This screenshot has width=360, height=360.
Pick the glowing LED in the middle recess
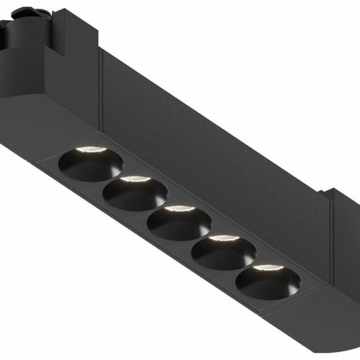174,209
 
